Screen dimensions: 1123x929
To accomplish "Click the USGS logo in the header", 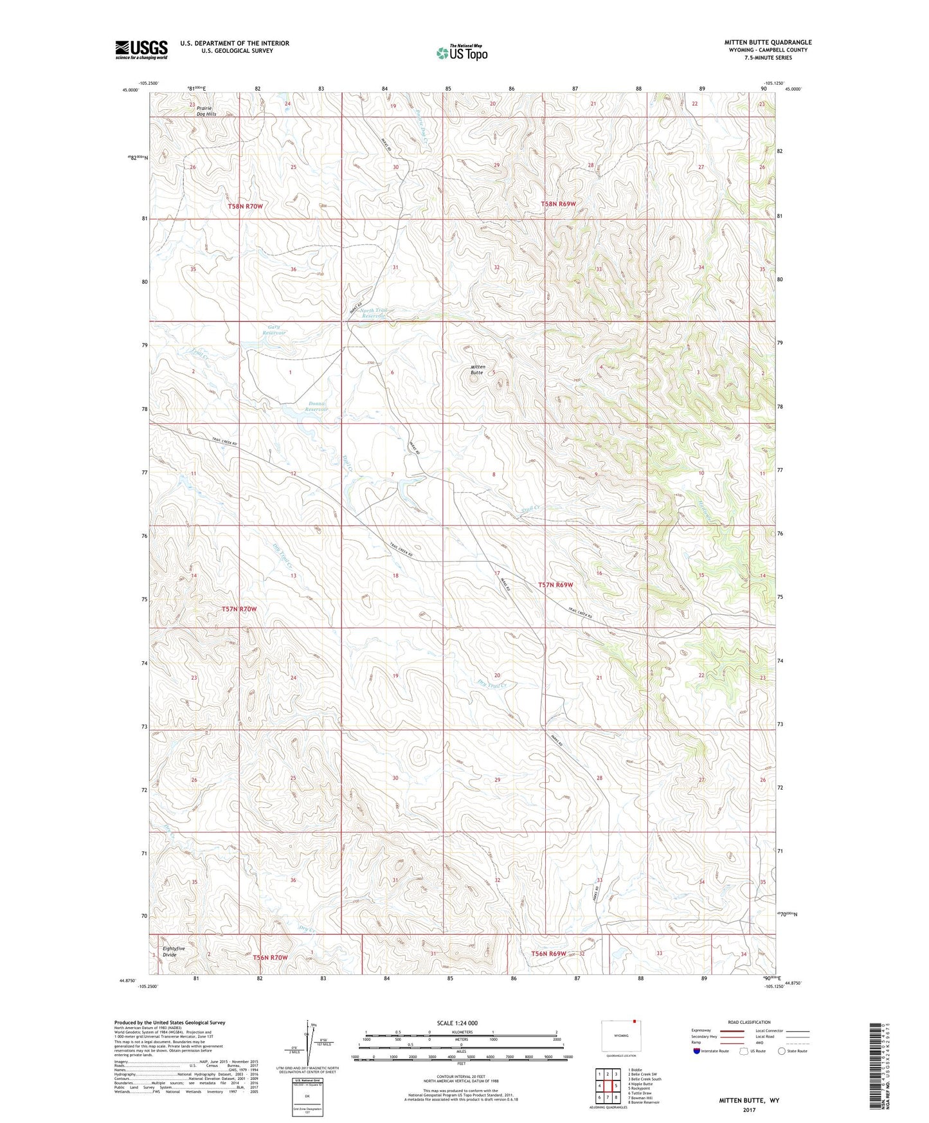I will (141, 49).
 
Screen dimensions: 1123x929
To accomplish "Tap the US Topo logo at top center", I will (461, 53).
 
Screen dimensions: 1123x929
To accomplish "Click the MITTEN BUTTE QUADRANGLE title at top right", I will (768, 42).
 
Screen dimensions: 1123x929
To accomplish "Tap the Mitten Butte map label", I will (477, 370).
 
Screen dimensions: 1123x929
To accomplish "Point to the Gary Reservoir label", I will (274, 330).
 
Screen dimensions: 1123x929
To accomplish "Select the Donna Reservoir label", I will (316, 406).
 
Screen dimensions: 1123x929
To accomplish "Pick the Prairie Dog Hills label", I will (206, 111).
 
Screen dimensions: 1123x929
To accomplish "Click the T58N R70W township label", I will (246, 206).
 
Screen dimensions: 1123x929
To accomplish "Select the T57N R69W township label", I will (555, 585).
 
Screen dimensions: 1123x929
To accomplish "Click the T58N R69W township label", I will (557, 204).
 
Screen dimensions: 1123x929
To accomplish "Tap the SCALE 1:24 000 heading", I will (457, 1023).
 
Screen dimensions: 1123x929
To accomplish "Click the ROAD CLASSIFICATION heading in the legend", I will (749, 1022).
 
